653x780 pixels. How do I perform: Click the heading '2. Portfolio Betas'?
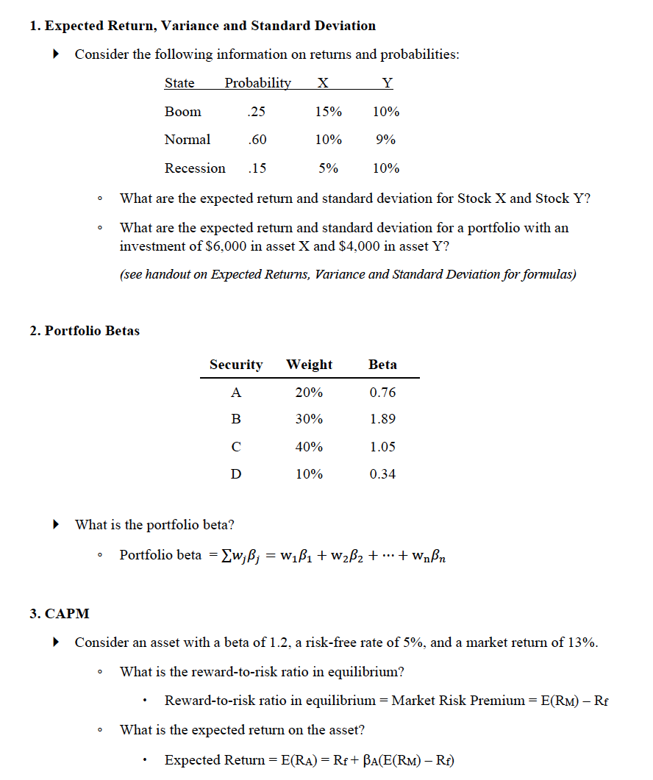click(85, 331)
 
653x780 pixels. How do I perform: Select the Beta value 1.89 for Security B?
click(382, 419)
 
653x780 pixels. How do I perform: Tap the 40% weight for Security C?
click(309, 447)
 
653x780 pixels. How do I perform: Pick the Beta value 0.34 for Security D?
click(382, 474)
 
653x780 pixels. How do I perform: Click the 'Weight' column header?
click(309, 365)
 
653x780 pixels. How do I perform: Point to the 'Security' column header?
click(236, 365)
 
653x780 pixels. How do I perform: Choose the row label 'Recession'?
click(195, 168)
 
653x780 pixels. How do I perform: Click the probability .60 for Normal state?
click(257, 140)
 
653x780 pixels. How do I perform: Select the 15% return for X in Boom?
click(328, 112)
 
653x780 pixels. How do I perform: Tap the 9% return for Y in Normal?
click(386, 140)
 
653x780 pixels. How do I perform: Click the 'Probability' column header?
click(257, 83)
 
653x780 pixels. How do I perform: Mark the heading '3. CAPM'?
click(60, 614)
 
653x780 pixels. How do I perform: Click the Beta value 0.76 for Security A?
click(382, 393)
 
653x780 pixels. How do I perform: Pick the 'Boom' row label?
click(182, 112)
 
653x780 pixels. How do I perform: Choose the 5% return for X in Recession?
click(328, 168)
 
